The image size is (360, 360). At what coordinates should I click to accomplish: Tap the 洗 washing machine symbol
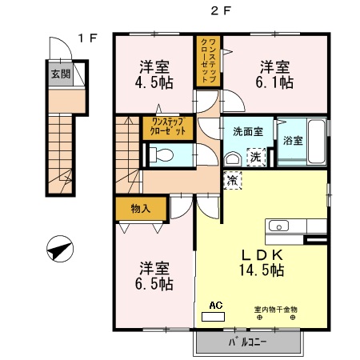(x=255, y=157)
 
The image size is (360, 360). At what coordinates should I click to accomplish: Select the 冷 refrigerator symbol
(x=232, y=180)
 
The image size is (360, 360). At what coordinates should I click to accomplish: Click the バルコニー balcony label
(x=248, y=342)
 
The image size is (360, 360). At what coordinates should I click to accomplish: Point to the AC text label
(x=214, y=305)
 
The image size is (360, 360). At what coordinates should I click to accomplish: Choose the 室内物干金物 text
(x=276, y=309)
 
